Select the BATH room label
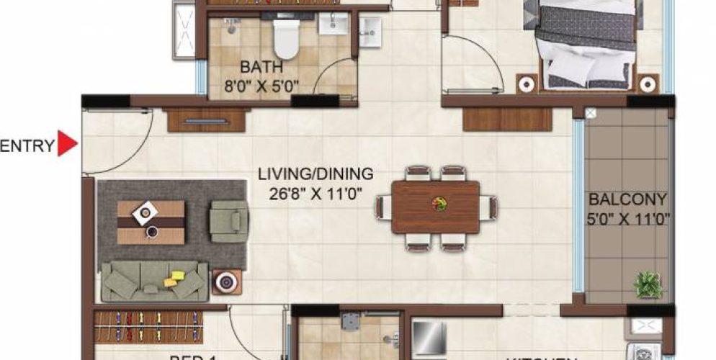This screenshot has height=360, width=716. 256,68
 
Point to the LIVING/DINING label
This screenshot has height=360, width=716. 316,174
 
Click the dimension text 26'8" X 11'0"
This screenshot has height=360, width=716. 316,192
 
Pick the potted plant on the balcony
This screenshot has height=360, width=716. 648,284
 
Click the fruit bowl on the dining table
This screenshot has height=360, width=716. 437,204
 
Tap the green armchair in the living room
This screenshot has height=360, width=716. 228,221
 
